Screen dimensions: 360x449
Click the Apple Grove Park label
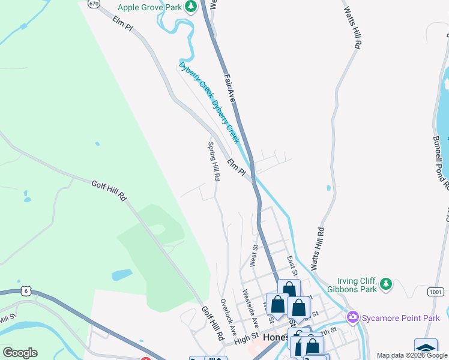[x=149, y=7]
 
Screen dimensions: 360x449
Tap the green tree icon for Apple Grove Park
[x=191, y=7]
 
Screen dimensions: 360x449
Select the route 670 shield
[x=93, y=4]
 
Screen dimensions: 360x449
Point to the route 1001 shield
[x=436, y=292]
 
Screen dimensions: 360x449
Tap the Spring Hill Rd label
[x=214, y=161]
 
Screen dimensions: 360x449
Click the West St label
[x=254, y=255]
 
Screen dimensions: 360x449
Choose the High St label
[x=246, y=339]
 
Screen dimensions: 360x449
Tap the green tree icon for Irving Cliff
[x=387, y=283]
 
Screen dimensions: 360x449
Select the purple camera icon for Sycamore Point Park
[x=353, y=317]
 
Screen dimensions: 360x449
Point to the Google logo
[x=20, y=353]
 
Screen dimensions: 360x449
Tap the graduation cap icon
[x=426, y=347]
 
